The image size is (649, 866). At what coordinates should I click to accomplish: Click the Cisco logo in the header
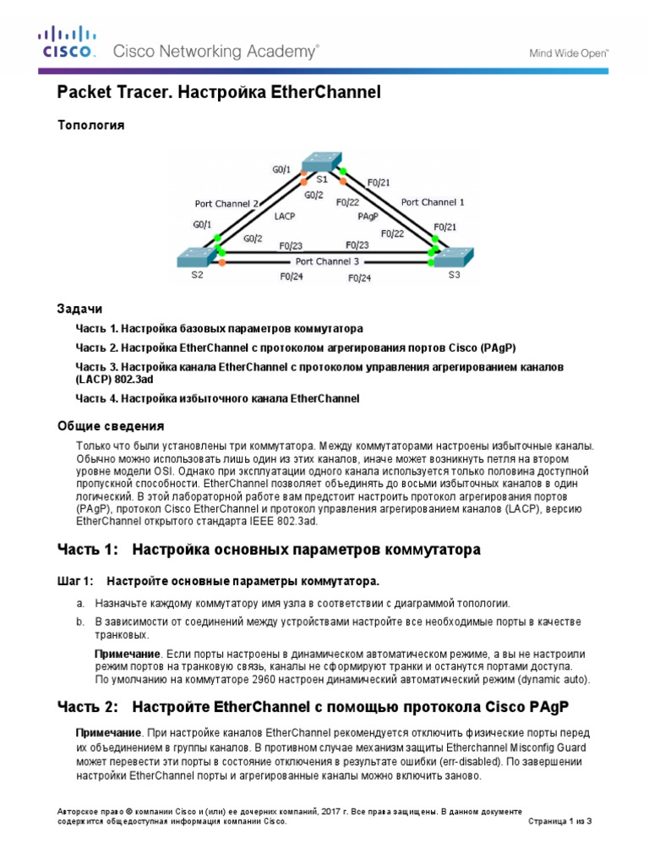[x=67, y=42]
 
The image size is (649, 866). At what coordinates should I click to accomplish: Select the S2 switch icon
[x=197, y=258]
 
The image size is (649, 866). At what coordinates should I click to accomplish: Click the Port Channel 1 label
[x=432, y=202]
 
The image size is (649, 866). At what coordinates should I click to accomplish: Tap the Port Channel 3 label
[x=327, y=261]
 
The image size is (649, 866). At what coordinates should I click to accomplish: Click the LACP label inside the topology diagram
[x=286, y=216]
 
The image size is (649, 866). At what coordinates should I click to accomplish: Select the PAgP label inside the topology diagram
[x=368, y=216]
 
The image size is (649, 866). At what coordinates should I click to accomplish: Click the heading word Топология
[x=90, y=125]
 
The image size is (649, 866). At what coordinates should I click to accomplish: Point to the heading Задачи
[x=79, y=310]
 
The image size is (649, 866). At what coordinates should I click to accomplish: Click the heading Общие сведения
[x=110, y=425]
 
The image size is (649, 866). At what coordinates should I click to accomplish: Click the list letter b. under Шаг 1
[x=79, y=622]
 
